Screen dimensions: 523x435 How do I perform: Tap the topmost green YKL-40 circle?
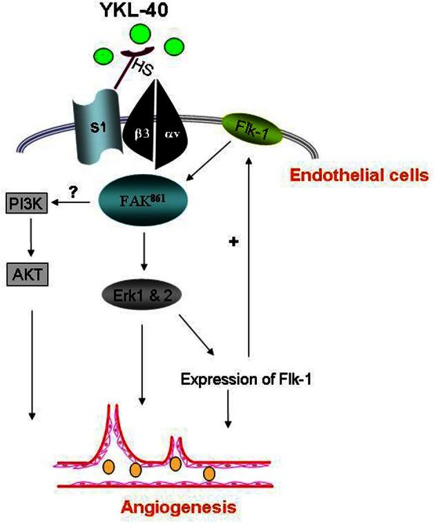point(142,34)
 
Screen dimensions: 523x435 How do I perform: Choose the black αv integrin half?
point(170,131)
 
